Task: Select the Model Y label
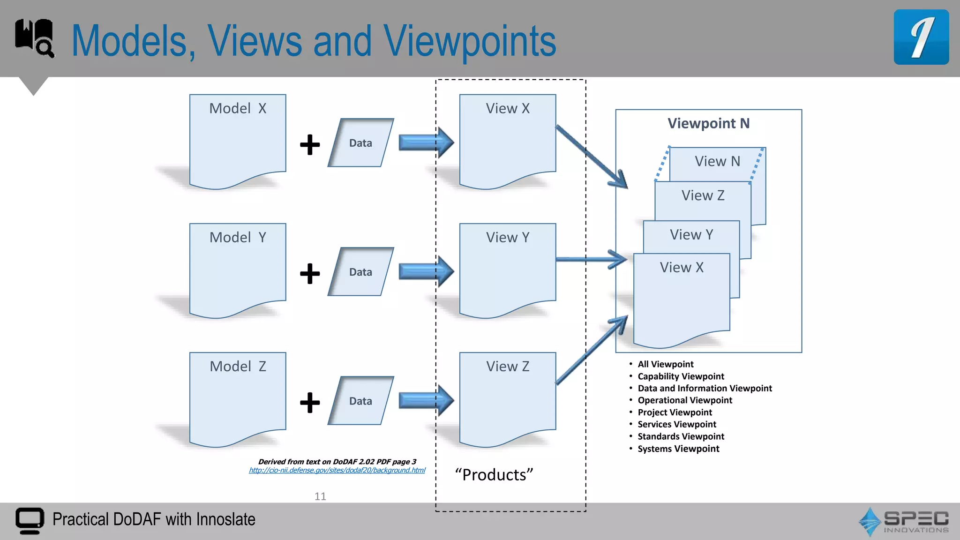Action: pyautogui.click(x=238, y=238)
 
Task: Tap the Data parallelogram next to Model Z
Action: pyautogui.click(x=360, y=401)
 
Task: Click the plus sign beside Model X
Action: pyautogui.click(x=310, y=144)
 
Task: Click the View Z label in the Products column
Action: pyautogui.click(x=508, y=367)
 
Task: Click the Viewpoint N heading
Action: pyautogui.click(x=708, y=123)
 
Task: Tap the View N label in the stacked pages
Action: pyautogui.click(x=717, y=161)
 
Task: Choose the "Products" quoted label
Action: pyautogui.click(x=494, y=475)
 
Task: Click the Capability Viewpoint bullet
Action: pyautogui.click(x=680, y=376)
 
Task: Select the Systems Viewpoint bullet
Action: pyautogui.click(x=678, y=449)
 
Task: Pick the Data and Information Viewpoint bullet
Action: pyautogui.click(x=704, y=388)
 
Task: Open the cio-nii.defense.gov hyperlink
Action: pyautogui.click(x=337, y=470)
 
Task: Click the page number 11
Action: pyautogui.click(x=320, y=496)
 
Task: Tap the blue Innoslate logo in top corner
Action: pyautogui.click(x=921, y=37)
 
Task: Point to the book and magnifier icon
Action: pyautogui.click(x=34, y=38)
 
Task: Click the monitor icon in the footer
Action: pyautogui.click(x=30, y=520)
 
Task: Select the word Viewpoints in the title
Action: pyautogui.click(x=470, y=41)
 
